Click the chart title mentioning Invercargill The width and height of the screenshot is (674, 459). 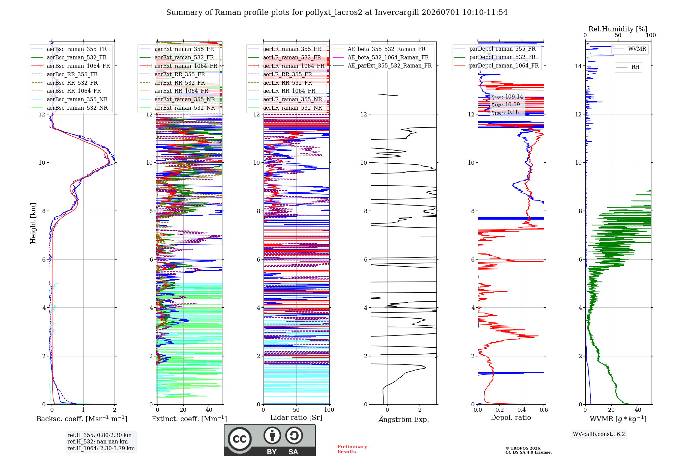tap(337, 12)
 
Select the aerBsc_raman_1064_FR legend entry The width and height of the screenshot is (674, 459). tap(71, 66)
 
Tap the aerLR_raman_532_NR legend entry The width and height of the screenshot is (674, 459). tap(285, 108)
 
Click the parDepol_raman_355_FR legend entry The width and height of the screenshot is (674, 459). tap(495, 49)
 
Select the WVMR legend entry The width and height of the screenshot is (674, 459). tap(630, 49)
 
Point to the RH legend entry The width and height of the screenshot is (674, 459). tap(628, 67)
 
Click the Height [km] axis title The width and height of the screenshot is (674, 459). tap(33, 223)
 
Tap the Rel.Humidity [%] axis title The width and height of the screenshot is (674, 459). tap(618, 29)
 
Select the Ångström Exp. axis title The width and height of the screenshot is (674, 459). tap(404, 419)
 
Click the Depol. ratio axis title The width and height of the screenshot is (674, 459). tap(511, 417)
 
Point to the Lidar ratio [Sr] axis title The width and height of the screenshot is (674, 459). tap(296, 417)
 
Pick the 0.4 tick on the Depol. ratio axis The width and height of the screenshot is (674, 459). tap(522, 410)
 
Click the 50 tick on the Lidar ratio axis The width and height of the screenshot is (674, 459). tap(296, 410)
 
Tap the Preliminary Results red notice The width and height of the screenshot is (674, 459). tap(352, 449)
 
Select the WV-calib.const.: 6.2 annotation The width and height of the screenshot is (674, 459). tap(599, 434)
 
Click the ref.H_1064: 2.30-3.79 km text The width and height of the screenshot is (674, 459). tap(101, 449)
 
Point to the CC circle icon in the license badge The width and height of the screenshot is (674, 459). tap(240, 439)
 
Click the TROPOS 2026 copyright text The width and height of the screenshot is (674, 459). tap(523, 449)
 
